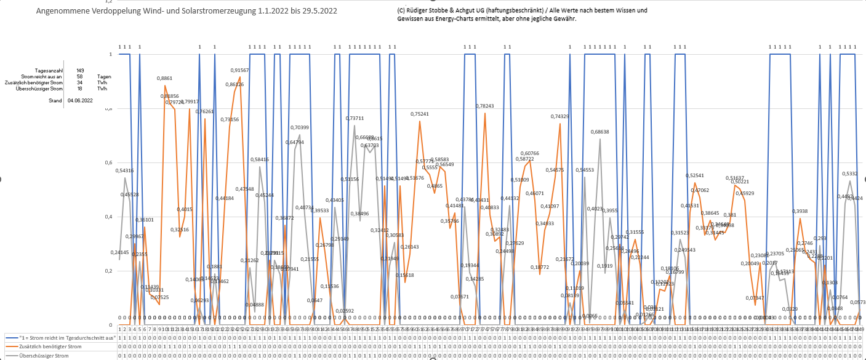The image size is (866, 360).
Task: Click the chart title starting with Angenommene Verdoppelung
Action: [x=186, y=11]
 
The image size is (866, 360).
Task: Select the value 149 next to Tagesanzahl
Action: [x=80, y=71]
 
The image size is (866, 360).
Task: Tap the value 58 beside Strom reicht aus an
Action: [x=80, y=77]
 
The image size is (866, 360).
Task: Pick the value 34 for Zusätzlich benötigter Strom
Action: [x=80, y=82]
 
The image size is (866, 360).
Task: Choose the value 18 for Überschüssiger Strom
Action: [x=80, y=89]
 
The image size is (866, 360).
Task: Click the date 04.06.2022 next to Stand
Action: [x=80, y=100]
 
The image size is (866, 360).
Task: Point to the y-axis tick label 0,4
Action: [x=111, y=217]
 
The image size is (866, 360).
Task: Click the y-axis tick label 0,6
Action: [x=111, y=162]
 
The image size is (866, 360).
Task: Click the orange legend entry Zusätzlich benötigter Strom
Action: [x=50, y=346]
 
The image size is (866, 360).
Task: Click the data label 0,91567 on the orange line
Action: [x=240, y=70]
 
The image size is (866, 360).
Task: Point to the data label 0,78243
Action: [x=485, y=106]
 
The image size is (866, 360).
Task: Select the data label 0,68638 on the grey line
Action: [x=600, y=132]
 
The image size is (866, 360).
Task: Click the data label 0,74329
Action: [x=560, y=116]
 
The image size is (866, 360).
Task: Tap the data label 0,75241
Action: [x=420, y=114]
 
